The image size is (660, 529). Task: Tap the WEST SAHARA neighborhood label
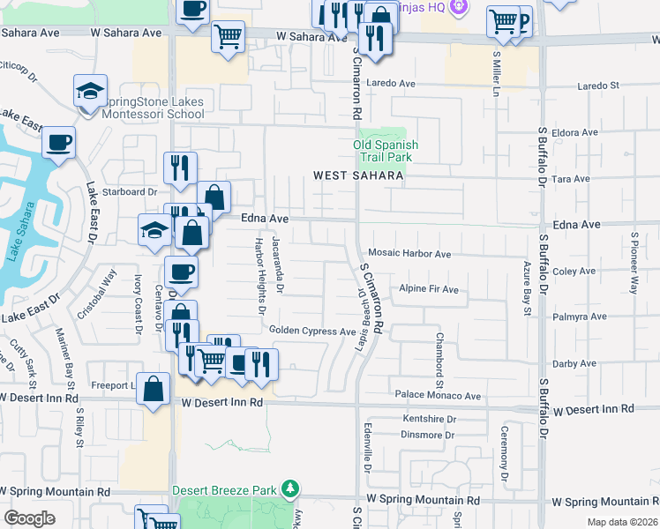point(359,175)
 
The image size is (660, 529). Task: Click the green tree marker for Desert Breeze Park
point(290,488)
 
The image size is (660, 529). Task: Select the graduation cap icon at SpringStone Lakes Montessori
point(90,91)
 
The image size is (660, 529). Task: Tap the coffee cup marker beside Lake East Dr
point(59,143)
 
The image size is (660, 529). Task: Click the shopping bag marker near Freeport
point(154,387)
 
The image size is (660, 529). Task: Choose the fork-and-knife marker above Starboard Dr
point(180,167)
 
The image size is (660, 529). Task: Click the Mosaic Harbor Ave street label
point(409,254)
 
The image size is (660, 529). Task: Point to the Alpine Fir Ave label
point(429,289)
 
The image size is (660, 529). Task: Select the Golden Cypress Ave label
point(312,331)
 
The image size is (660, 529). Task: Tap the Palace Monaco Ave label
point(438,396)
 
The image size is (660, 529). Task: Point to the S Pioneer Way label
point(634,263)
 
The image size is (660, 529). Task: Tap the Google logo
point(29,518)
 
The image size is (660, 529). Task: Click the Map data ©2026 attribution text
point(621,522)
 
